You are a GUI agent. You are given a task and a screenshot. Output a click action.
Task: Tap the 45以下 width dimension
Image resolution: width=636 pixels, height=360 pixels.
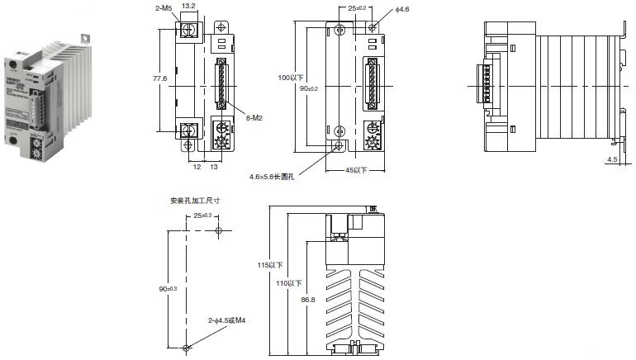click(x=357, y=171)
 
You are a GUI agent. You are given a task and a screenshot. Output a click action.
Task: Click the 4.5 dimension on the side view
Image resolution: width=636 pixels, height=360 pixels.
click(x=612, y=159)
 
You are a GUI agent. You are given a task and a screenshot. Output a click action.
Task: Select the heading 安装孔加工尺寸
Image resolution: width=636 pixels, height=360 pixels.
click(x=194, y=201)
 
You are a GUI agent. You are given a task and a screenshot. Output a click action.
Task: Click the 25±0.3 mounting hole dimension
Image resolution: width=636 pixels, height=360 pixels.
click(x=202, y=216)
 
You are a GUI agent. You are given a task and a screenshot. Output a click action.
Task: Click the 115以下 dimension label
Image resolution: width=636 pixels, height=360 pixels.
click(x=270, y=266)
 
